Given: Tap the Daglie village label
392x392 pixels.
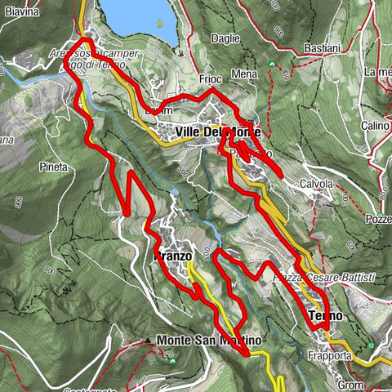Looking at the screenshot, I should coord(225,38).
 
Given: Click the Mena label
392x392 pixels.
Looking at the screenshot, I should coord(243,74).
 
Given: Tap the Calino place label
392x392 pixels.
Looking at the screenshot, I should coord(375,126).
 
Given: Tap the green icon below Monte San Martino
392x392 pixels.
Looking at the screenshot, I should coord(173,357).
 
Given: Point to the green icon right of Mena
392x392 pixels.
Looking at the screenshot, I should coord(272,65).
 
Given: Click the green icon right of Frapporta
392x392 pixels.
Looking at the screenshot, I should coord(373,346).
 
